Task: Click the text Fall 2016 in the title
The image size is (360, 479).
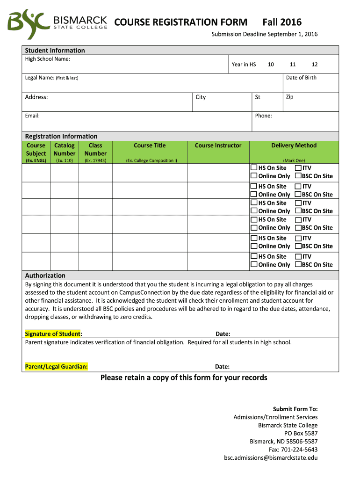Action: (x=281, y=22)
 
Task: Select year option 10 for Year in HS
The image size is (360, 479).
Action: (x=271, y=65)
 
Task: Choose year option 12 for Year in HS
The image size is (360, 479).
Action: (x=315, y=65)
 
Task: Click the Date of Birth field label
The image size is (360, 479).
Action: (x=301, y=78)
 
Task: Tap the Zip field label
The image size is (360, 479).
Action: (x=289, y=96)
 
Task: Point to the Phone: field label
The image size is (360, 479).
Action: (x=263, y=116)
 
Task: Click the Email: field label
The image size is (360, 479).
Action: (x=32, y=116)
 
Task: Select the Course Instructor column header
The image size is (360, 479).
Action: (x=218, y=145)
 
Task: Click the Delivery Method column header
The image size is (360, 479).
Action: (x=294, y=145)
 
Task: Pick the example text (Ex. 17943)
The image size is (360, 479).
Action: (x=95, y=160)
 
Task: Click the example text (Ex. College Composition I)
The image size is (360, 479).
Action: (x=151, y=160)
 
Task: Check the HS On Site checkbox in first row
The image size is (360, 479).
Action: (x=254, y=167)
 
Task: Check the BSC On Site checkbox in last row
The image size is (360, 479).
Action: (x=298, y=265)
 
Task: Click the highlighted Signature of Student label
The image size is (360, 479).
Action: (x=53, y=334)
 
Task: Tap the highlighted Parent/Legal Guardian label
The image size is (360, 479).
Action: (x=56, y=366)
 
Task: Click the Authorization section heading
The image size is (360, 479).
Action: (x=45, y=276)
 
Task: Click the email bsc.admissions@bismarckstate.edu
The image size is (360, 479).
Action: (x=271, y=457)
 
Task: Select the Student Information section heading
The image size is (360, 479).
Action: (x=55, y=51)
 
